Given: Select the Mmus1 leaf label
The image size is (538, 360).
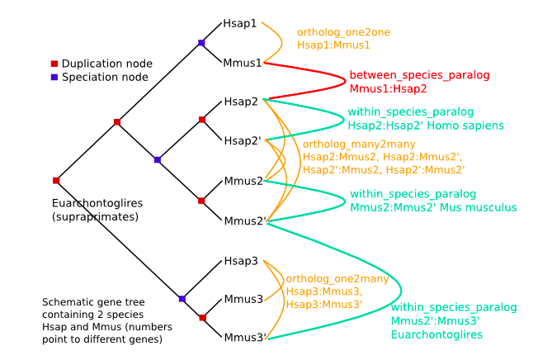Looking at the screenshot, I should coord(243,62).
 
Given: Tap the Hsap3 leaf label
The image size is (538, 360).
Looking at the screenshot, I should coord(240,261).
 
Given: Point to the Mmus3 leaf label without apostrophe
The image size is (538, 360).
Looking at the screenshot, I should coord(242,300).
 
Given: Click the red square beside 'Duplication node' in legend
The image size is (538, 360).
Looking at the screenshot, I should coord(54,64).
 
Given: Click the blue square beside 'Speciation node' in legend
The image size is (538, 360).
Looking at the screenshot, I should coord(54,77).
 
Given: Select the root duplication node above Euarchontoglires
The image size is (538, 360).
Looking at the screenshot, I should coord(56,180).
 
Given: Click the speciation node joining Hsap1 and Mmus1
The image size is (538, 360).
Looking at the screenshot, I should coord(201,42).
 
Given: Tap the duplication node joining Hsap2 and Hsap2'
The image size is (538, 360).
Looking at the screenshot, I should coord(202,120).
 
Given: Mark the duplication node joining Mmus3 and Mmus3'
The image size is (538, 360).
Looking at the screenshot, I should coord(202,317).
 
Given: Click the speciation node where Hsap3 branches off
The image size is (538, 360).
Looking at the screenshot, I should coord(182,298).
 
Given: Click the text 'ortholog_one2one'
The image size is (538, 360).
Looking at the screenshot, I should coord(343,32).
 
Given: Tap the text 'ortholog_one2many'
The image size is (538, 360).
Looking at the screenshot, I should coord(337,279).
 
